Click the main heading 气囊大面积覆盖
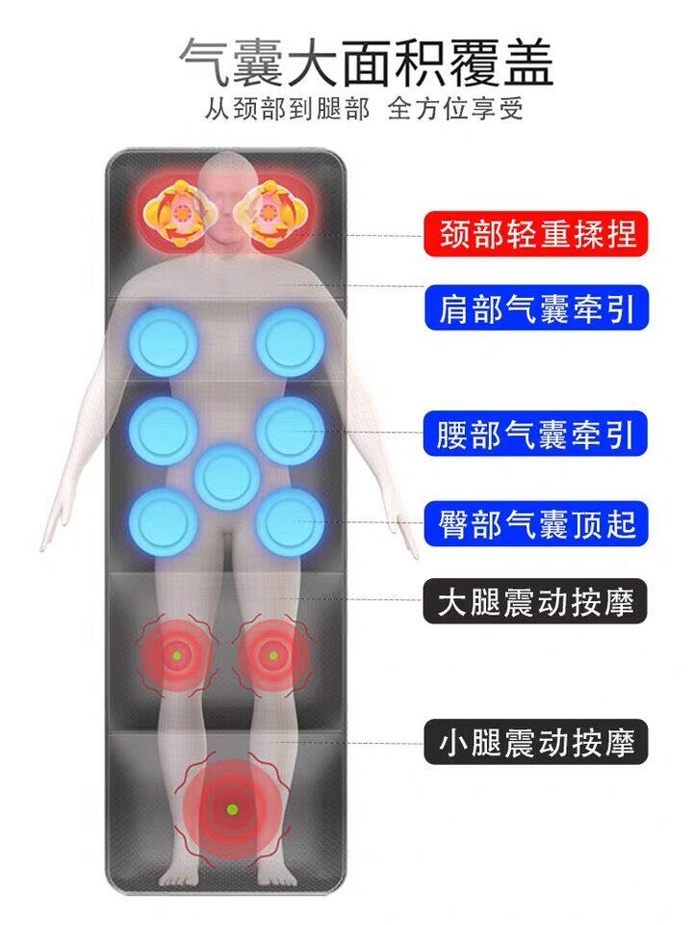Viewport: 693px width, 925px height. point(366,64)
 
